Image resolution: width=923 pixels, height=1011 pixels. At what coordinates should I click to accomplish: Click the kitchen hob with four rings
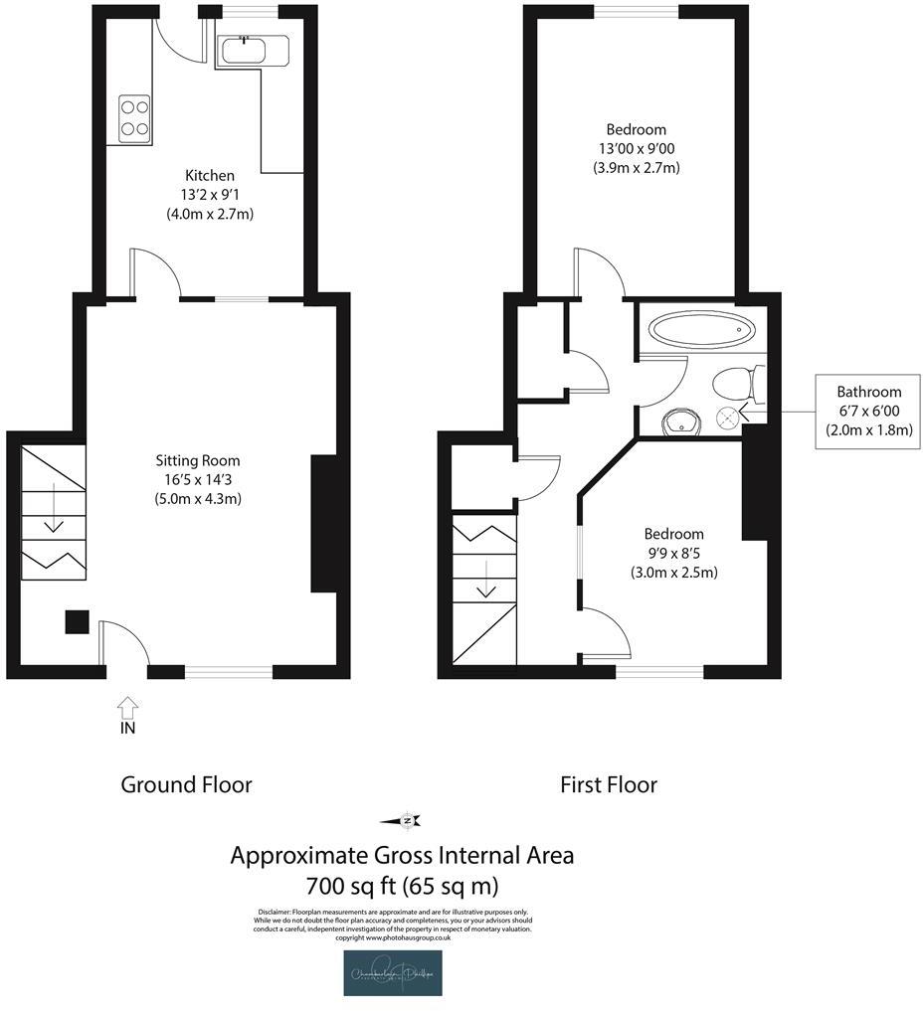[135, 117]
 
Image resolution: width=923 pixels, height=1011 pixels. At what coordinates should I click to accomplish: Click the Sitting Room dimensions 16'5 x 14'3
[198, 479]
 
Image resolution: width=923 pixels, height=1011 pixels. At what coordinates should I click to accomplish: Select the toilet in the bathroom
[740, 381]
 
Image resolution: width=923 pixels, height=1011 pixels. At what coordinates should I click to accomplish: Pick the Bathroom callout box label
[868, 392]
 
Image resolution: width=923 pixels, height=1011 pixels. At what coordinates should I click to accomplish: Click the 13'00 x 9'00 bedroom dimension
[636, 149]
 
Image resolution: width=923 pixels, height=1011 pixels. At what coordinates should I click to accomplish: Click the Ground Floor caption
[186, 784]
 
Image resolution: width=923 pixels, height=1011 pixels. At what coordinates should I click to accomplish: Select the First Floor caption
[609, 784]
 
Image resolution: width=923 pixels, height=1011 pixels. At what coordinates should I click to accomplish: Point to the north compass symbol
[407, 820]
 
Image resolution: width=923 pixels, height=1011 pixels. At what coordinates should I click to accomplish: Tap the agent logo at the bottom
[393, 973]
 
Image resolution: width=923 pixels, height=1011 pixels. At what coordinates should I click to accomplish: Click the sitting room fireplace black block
[324, 523]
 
